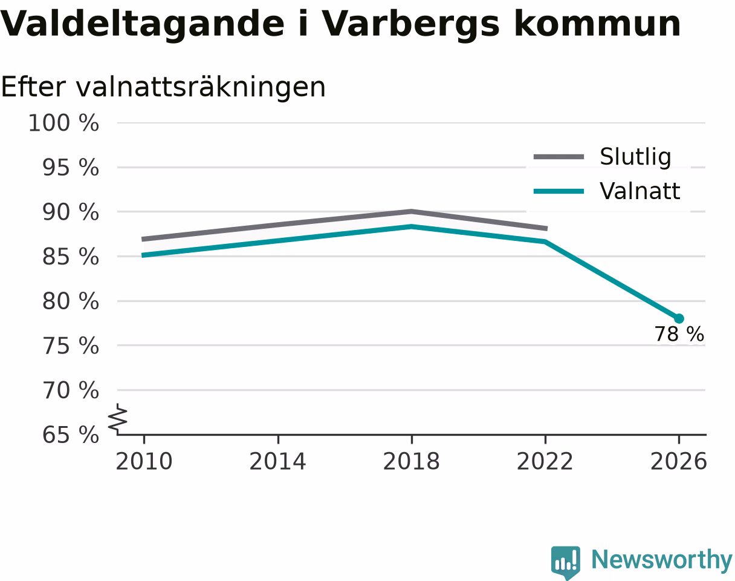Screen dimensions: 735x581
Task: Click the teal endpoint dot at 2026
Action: [x=679, y=319]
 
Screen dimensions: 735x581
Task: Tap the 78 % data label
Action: [x=679, y=334]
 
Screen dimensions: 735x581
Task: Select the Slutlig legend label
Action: [x=635, y=157]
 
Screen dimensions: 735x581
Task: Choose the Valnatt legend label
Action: [x=639, y=191]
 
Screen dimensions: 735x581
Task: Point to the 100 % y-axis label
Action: [x=63, y=123]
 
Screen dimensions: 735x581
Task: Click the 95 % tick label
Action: [x=70, y=168]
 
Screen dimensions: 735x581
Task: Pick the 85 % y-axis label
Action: [x=70, y=257]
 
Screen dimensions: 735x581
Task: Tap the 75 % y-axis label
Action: [x=70, y=346]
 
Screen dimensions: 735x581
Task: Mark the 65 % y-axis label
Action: [x=70, y=435]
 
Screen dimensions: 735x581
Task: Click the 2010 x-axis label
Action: [x=144, y=462]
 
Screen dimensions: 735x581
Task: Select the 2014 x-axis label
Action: [x=277, y=462]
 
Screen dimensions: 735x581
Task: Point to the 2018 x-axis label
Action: [x=411, y=462]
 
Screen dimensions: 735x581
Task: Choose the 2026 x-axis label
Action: [x=678, y=462]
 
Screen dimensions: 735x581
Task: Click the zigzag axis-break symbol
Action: [x=118, y=417]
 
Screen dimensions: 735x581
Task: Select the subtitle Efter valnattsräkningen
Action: [x=163, y=87]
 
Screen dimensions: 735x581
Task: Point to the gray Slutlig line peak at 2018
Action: [x=411, y=212]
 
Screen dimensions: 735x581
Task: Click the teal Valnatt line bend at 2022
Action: [x=545, y=241]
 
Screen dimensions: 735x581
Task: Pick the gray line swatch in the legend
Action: [x=559, y=157]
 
